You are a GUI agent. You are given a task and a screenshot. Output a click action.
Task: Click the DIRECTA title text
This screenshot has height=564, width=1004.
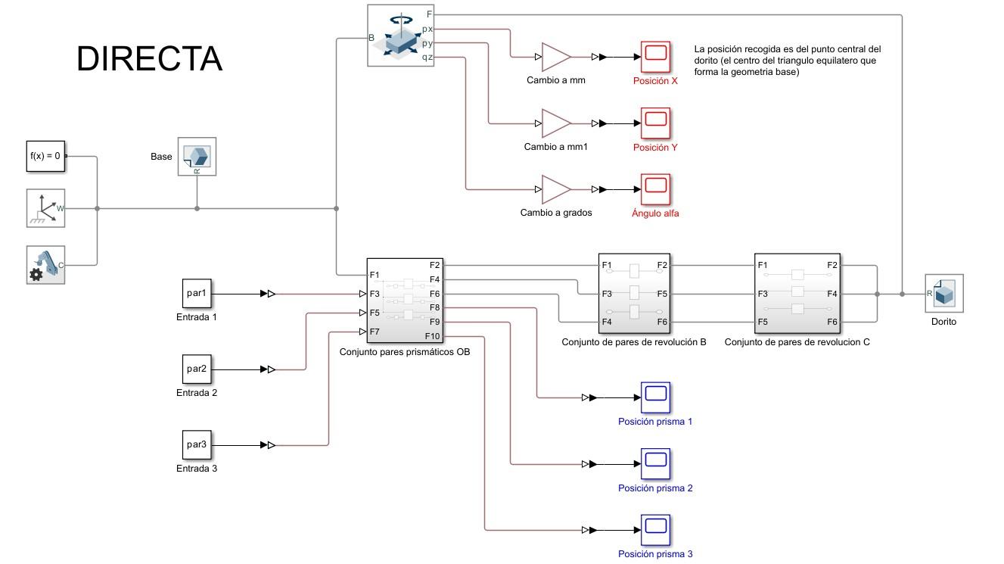click(x=149, y=59)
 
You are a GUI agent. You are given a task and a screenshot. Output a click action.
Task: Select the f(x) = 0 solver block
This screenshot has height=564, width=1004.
click(x=45, y=157)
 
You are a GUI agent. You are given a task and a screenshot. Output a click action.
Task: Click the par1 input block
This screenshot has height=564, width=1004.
click(x=197, y=293)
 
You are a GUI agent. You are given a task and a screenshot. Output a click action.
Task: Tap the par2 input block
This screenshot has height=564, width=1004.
click(x=197, y=369)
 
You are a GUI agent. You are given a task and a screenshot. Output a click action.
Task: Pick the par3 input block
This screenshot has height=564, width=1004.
click(x=197, y=444)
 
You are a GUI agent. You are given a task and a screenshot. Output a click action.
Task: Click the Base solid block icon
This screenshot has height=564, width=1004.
click(x=197, y=156)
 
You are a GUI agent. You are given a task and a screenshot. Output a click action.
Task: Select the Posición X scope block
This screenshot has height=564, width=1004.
click(x=655, y=57)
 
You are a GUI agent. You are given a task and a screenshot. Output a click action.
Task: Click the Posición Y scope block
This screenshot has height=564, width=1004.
click(x=655, y=123)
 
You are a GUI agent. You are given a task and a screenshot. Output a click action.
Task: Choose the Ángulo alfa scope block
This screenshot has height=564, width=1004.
click(x=655, y=189)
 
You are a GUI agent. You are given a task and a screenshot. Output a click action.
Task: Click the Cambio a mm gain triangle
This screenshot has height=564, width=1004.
click(x=555, y=57)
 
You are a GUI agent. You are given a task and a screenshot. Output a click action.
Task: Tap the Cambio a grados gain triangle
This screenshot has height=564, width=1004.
click(x=555, y=189)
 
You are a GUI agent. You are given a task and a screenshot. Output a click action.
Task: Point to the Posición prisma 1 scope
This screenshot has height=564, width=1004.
click(x=655, y=397)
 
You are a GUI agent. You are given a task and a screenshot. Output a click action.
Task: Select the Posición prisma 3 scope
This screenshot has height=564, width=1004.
click(x=655, y=530)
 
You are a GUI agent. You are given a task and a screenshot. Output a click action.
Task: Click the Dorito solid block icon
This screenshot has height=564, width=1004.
click(x=943, y=294)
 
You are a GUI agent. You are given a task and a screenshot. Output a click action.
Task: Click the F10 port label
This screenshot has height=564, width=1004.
click(x=432, y=336)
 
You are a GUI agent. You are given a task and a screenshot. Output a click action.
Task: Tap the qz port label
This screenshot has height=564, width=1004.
click(x=427, y=57)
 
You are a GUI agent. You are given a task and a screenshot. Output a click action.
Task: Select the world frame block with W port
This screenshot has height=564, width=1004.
click(x=45, y=208)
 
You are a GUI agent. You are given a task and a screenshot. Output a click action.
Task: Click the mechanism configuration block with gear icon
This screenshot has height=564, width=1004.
click(x=45, y=265)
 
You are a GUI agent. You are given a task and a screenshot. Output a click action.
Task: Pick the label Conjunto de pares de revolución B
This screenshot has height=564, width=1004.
click(x=634, y=342)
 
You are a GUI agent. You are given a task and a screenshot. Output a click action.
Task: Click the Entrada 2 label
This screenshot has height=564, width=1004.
click(x=197, y=393)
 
